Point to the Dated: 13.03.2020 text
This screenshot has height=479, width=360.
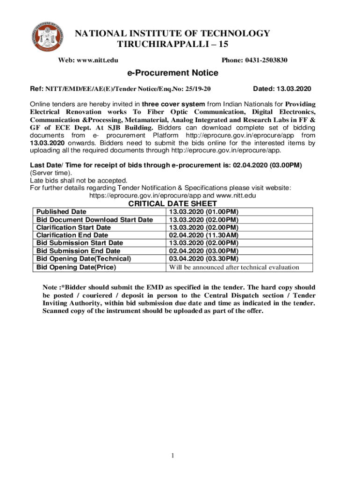tap(282, 89)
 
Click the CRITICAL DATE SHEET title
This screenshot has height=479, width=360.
tap(173, 204)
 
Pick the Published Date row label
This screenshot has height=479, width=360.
tap(61, 212)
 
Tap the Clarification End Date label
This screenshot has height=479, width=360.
tap(72, 235)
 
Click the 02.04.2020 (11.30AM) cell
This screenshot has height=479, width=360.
tap(203, 235)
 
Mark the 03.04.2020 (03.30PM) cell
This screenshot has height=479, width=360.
tap(203, 259)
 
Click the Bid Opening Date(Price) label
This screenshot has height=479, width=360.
tap(76, 267)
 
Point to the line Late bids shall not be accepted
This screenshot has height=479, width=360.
tap(79, 181)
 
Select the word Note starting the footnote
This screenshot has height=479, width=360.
tap(50, 287)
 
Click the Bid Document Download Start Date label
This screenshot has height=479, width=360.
tap(95, 220)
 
